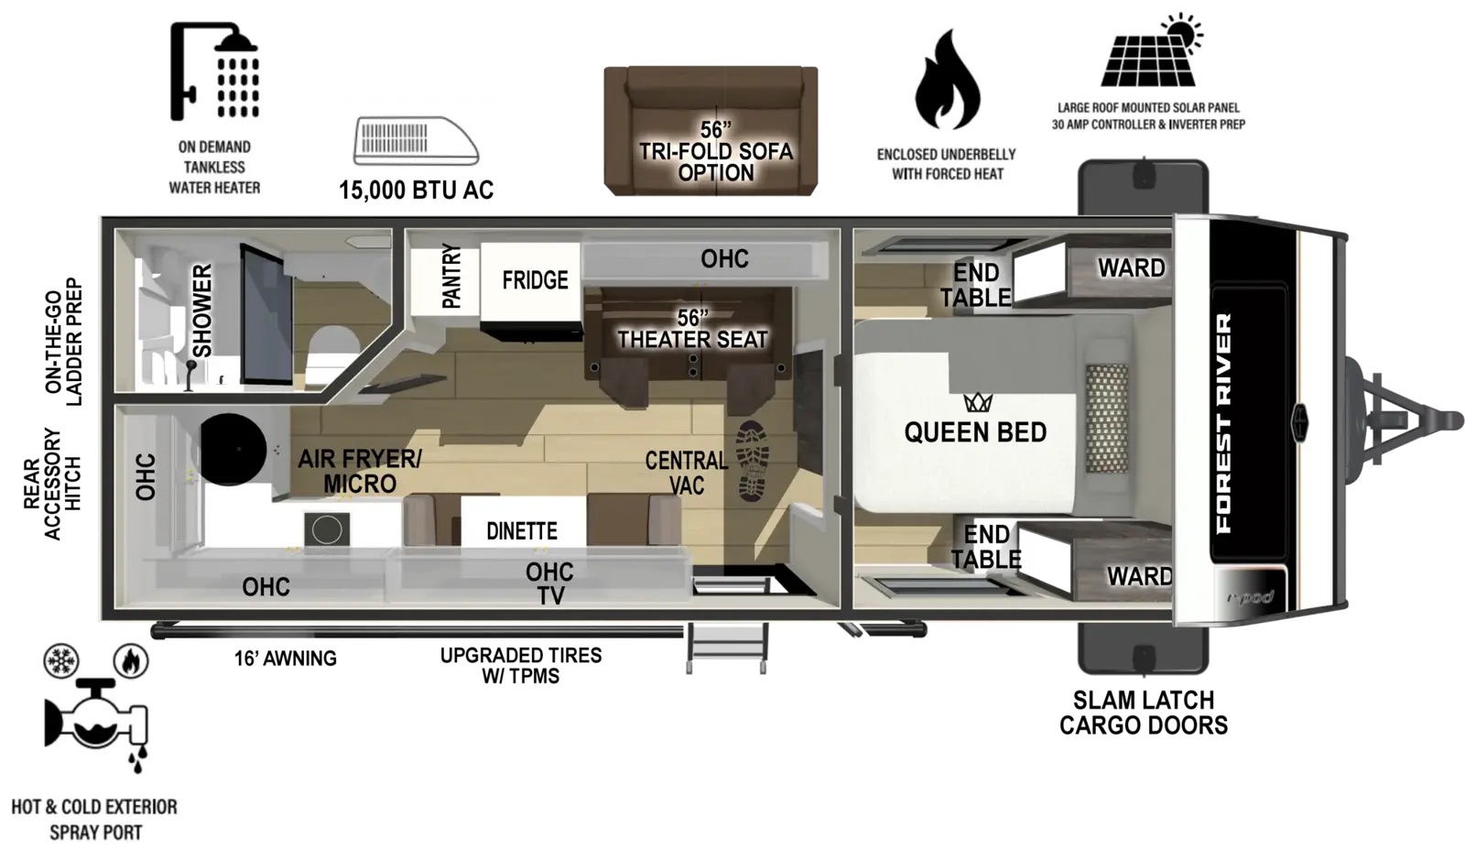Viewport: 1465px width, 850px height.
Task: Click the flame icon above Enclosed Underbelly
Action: click(947, 79)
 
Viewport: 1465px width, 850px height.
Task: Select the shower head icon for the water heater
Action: click(214, 72)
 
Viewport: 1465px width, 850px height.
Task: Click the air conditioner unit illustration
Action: click(416, 141)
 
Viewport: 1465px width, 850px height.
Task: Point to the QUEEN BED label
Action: click(975, 432)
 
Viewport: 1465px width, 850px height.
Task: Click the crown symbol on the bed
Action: click(978, 402)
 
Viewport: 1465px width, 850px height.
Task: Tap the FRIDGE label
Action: click(535, 280)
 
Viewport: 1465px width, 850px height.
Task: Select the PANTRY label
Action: click(452, 276)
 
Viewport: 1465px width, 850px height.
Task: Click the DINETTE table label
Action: click(522, 530)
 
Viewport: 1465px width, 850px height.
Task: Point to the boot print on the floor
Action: click(753, 462)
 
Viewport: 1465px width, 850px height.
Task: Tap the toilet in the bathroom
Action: click(333, 356)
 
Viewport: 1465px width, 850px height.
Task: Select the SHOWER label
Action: click(202, 311)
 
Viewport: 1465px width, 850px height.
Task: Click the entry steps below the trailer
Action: click(726, 648)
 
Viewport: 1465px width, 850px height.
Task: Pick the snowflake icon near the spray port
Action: click(61, 660)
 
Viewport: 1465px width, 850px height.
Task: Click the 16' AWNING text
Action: click(285, 659)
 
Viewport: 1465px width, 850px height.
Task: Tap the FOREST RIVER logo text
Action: click(1223, 422)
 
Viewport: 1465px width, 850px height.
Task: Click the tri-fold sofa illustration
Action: click(711, 130)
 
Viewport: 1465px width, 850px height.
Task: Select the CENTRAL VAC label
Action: click(686, 473)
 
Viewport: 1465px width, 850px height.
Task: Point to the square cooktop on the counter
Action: click(326, 529)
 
